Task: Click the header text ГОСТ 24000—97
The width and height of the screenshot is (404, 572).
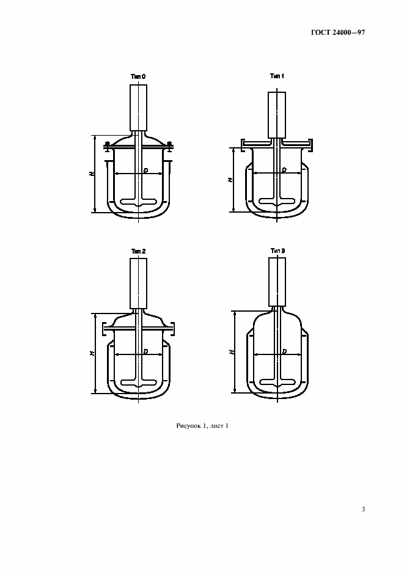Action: (338, 32)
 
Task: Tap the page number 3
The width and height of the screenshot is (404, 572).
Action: (363, 509)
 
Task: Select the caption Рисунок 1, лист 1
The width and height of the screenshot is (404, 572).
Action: (202, 426)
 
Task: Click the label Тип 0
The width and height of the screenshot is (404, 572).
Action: (138, 76)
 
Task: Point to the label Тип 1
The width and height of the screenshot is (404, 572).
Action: (277, 76)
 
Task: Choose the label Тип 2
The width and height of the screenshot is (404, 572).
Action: (138, 251)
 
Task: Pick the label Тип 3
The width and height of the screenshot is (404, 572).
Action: (277, 251)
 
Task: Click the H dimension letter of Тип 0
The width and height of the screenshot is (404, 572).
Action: (92, 174)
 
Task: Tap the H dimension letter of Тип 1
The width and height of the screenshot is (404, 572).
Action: (230, 180)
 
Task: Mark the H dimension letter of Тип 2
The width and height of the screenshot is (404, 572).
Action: (92, 353)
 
